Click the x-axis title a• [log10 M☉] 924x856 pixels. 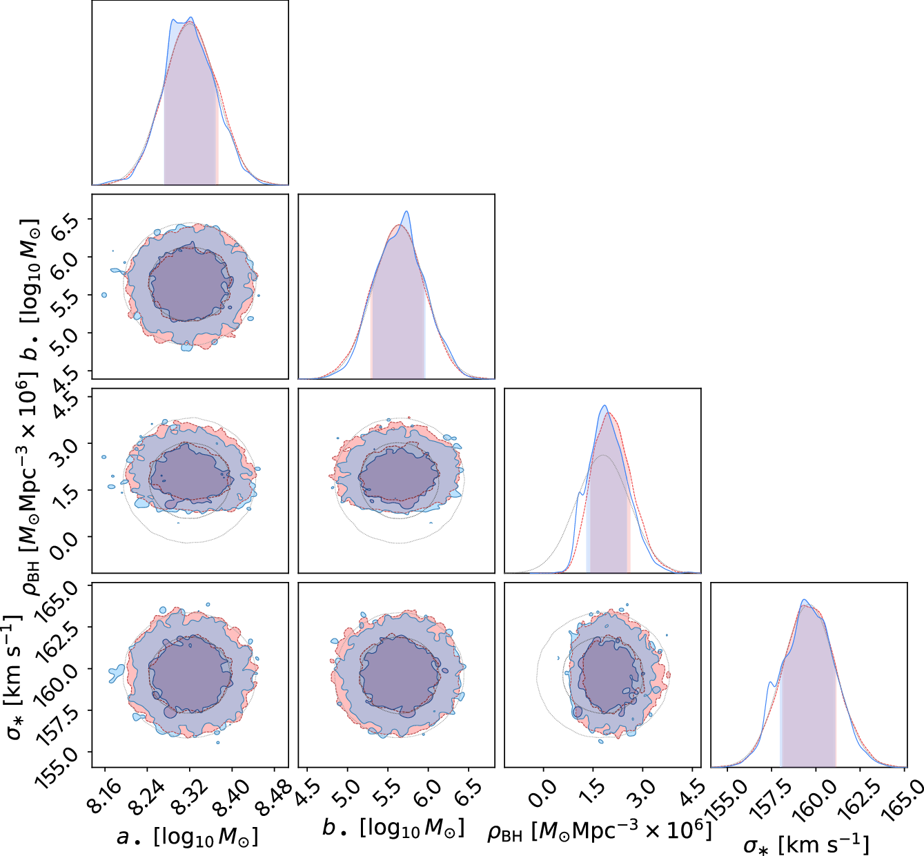[187, 837]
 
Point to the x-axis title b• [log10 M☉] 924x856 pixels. [393, 827]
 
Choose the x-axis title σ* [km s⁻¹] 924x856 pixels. [806, 844]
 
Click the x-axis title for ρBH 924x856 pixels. [599, 830]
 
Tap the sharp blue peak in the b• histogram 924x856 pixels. [406, 212]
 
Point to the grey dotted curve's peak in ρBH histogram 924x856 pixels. [603, 456]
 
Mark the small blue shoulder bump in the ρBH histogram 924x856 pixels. [580, 493]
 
